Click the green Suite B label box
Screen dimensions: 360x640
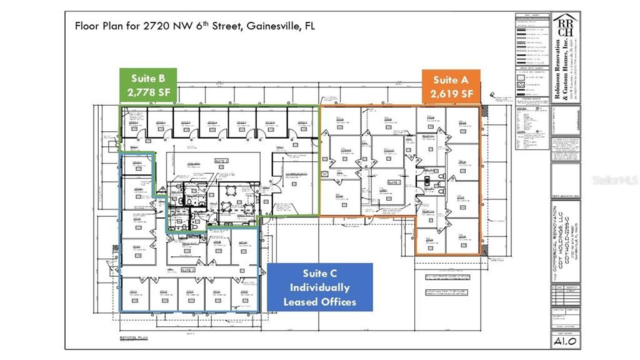[x=148, y=86]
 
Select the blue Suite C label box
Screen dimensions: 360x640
[x=319, y=287]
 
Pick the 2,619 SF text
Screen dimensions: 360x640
[x=451, y=94]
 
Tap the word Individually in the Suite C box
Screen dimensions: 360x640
[x=319, y=287]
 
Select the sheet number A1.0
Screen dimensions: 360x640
[x=564, y=341]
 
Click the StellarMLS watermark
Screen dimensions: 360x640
[x=615, y=180]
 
